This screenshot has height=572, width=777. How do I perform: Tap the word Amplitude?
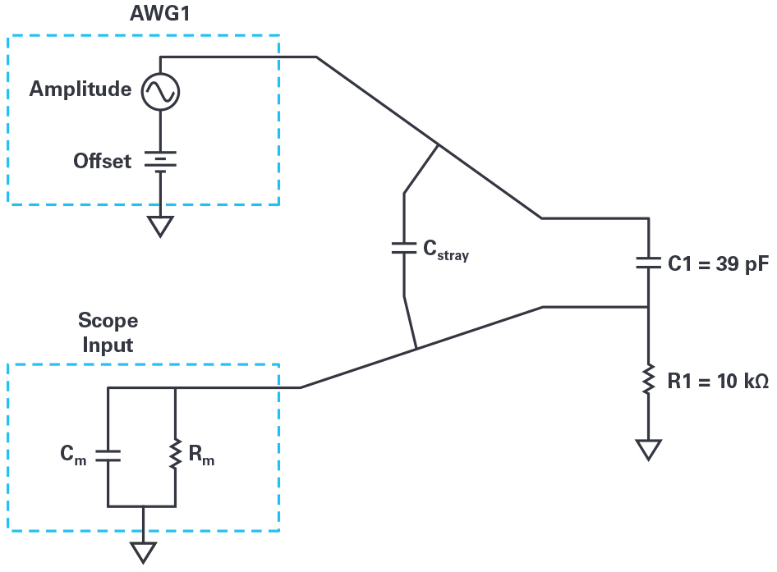tap(80, 89)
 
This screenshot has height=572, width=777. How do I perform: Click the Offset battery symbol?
tap(160, 161)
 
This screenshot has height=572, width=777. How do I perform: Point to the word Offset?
tap(102, 161)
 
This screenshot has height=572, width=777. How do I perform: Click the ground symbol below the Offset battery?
tap(160, 226)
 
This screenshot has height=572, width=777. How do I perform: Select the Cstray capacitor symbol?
tap(404, 248)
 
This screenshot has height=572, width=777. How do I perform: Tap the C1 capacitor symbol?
tap(649, 263)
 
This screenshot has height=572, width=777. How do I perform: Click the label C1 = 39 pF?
tap(717, 264)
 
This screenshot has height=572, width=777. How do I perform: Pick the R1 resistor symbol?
tap(649, 379)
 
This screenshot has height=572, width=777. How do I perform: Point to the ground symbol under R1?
tap(649, 450)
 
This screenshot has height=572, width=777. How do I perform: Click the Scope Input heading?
tap(108, 332)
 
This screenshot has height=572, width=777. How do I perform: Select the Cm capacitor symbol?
tap(108, 455)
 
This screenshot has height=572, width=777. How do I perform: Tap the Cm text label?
tap(73, 456)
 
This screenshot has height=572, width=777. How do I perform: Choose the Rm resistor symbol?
tap(176, 455)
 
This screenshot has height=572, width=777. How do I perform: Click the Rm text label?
tap(200, 456)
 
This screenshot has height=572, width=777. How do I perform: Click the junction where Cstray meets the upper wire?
tap(437, 145)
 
